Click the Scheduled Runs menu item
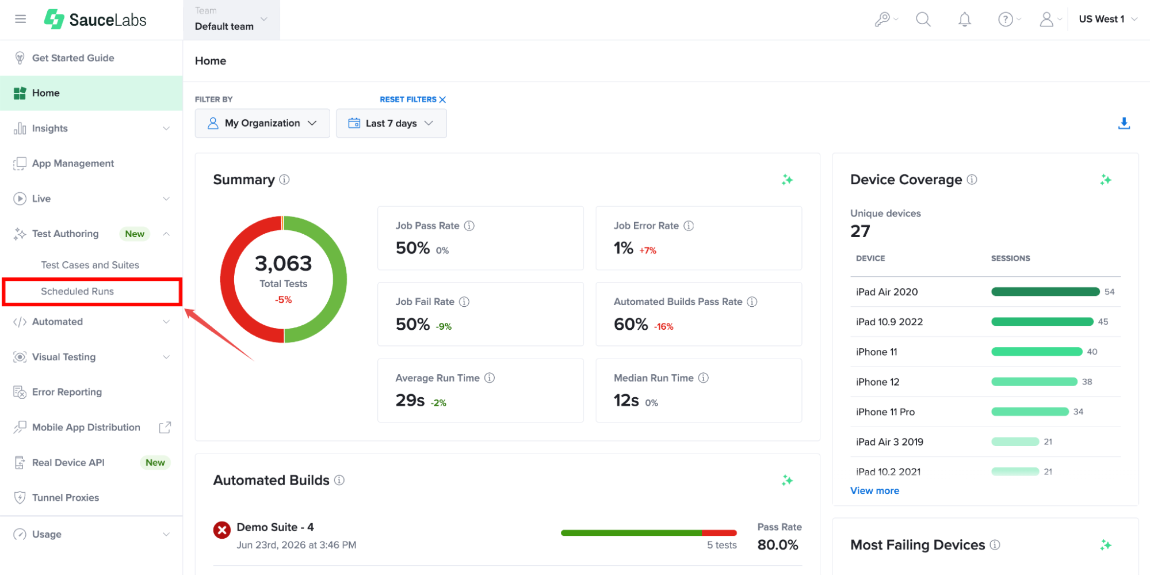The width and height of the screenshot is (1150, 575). pos(77,291)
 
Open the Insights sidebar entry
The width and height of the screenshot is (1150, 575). pos(49,128)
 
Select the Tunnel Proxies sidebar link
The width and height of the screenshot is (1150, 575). pos(65,497)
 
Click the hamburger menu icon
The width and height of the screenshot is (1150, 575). pos(21,19)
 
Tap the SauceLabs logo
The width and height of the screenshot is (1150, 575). pos(95,20)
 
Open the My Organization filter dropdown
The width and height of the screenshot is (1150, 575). pos(262,123)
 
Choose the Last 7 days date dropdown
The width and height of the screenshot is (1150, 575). pos(391,123)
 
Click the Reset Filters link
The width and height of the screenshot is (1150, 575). pos(412,100)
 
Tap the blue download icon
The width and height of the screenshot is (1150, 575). pos(1124,123)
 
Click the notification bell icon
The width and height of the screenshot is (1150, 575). pos(965,20)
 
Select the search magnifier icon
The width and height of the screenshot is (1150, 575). pos(923,20)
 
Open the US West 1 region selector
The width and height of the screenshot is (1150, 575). pos(1107,19)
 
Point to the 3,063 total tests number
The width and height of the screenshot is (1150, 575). pos(283,264)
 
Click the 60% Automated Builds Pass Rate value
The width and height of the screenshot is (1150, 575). pos(631,324)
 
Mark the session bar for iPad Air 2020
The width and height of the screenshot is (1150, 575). pos(1045,292)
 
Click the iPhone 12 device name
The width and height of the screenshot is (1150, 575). pos(877,382)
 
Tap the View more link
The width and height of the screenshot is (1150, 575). pos(874,490)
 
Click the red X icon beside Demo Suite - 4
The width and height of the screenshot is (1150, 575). pos(222,530)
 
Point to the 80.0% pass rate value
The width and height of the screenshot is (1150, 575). pos(778,545)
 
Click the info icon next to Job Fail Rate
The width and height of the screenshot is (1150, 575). pos(464,302)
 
